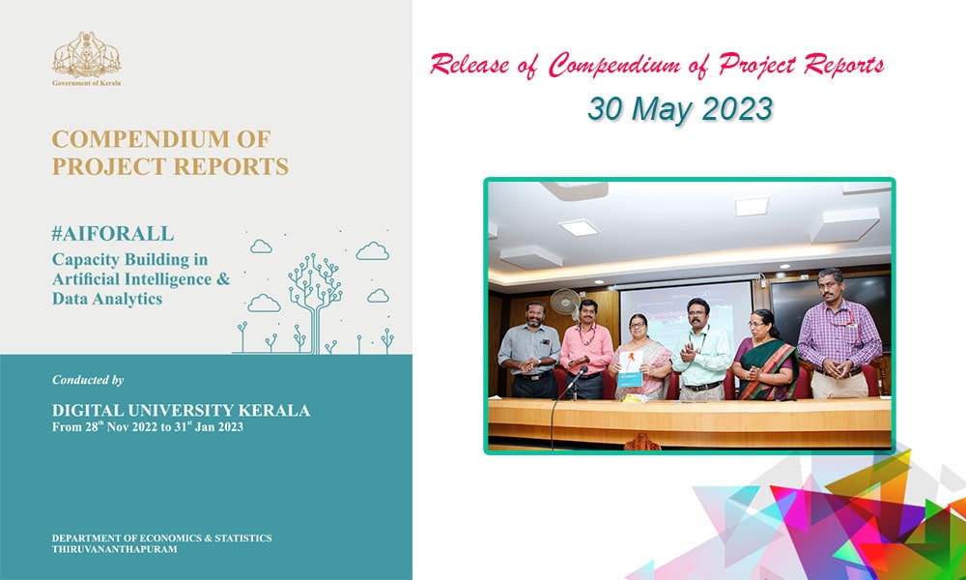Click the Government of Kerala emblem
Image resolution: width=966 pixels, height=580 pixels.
86,54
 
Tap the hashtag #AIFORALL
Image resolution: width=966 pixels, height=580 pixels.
113,234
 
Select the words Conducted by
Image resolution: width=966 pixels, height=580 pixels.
88,380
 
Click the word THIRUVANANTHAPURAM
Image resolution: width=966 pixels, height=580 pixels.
115,549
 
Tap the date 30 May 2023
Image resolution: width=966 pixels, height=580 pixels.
680,109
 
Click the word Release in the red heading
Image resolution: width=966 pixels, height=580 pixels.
470,65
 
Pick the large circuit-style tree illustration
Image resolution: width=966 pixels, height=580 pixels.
315,302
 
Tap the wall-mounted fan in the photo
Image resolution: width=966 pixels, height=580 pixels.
565,302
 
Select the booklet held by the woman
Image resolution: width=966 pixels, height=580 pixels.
630,368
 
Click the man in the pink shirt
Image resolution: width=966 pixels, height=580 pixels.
586,349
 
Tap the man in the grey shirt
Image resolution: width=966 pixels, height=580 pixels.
528,350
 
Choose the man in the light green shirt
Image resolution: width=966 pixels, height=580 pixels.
701,350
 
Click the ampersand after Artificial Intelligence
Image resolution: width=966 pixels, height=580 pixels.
223,279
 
